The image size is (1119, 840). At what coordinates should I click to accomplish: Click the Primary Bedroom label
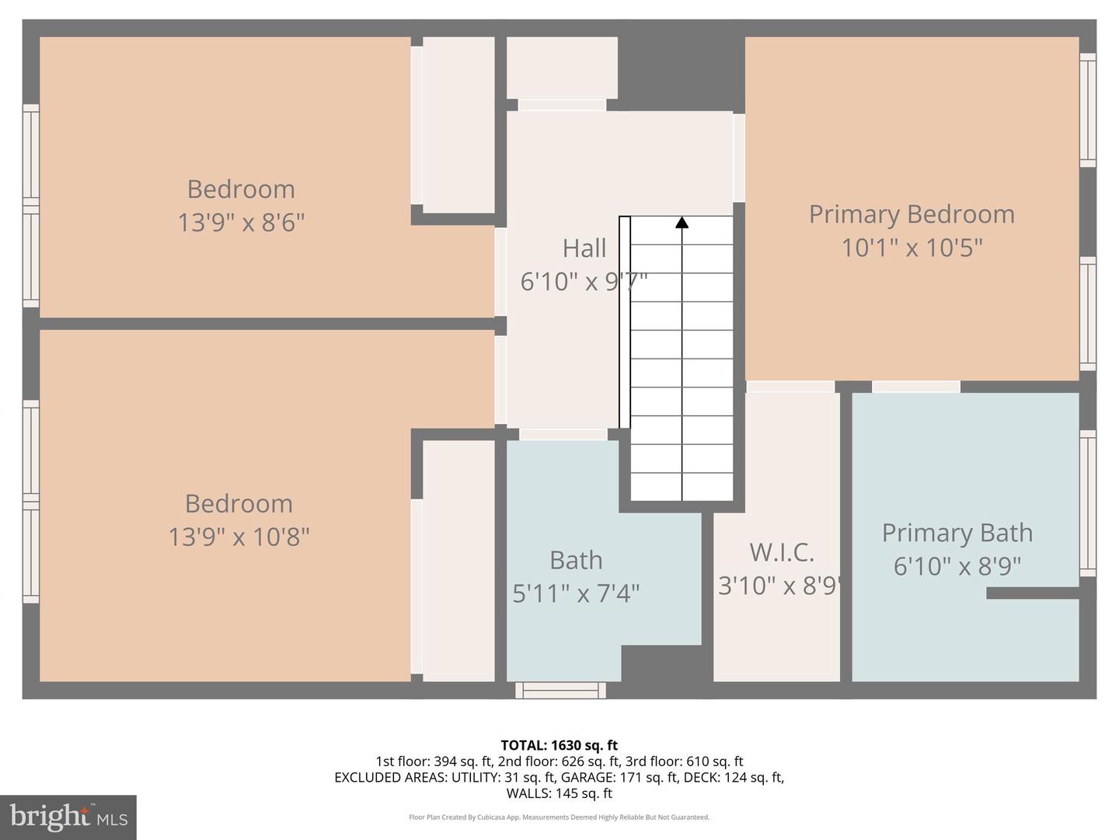click(912, 214)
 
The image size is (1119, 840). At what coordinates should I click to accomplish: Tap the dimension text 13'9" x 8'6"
click(241, 223)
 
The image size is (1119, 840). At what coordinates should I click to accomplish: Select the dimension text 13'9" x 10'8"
click(239, 537)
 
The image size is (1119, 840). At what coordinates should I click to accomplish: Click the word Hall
click(584, 248)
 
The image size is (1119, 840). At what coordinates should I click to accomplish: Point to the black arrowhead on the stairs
click(682, 222)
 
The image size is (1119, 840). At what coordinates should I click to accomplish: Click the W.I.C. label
click(781, 552)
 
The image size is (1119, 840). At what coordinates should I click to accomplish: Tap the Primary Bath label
click(957, 533)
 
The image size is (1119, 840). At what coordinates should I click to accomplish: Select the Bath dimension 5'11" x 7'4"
click(576, 593)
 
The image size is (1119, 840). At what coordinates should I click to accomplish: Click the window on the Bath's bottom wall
click(560, 690)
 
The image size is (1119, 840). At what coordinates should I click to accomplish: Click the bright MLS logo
click(68, 817)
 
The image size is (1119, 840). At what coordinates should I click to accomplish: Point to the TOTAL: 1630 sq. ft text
click(559, 745)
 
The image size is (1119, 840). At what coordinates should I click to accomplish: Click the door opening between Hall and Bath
click(563, 434)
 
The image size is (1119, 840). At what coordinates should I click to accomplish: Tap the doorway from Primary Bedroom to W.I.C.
click(790, 387)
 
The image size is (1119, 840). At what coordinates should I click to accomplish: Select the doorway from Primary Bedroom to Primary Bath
click(915, 387)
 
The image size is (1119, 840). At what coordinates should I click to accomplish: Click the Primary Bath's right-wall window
click(1087, 503)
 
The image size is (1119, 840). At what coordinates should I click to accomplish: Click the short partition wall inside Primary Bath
click(1032, 593)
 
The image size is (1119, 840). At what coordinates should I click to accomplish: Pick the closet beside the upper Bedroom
click(458, 124)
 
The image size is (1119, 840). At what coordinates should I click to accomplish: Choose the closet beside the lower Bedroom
click(458, 560)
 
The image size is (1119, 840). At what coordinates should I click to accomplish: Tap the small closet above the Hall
click(562, 68)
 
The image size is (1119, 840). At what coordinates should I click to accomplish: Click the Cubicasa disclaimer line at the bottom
click(559, 817)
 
